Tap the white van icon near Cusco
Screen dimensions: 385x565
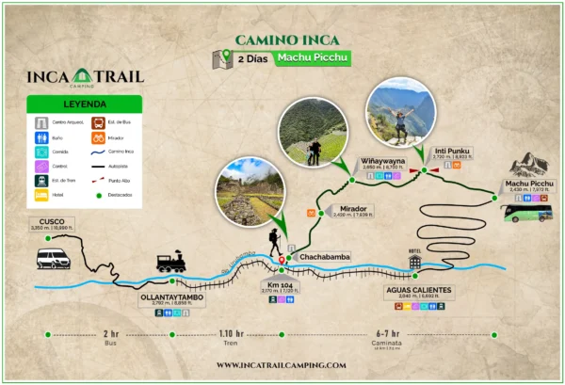pyautogui.click(x=53, y=257)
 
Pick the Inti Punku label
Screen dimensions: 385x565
pyautogui.click(x=451, y=151)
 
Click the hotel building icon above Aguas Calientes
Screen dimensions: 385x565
pyautogui.click(x=413, y=261)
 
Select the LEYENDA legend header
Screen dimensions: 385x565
pyautogui.click(x=85, y=105)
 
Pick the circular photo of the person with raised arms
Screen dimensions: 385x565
pyautogui.click(x=401, y=112)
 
